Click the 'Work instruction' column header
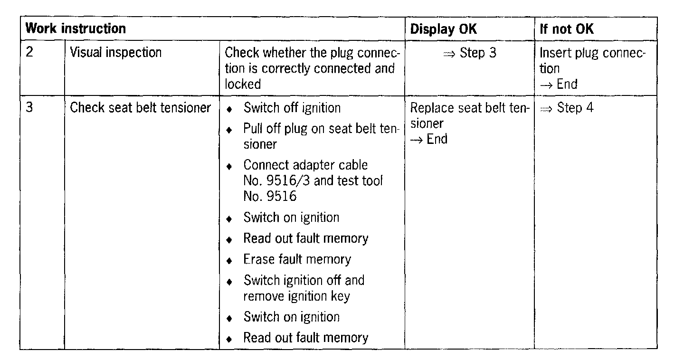point(76,28)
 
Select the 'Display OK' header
point(443,29)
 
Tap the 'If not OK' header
point(567,29)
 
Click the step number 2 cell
point(29,52)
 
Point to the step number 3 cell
point(29,108)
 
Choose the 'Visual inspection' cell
point(116,52)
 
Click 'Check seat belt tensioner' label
point(140,108)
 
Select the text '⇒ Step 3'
point(469,53)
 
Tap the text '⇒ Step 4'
point(567,108)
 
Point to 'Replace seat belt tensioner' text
point(469,115)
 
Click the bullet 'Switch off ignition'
point(292,108)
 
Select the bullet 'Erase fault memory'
point(297,259)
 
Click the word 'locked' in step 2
point(243,84)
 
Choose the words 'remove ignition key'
point(296,296)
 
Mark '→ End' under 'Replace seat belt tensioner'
point(429,139)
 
